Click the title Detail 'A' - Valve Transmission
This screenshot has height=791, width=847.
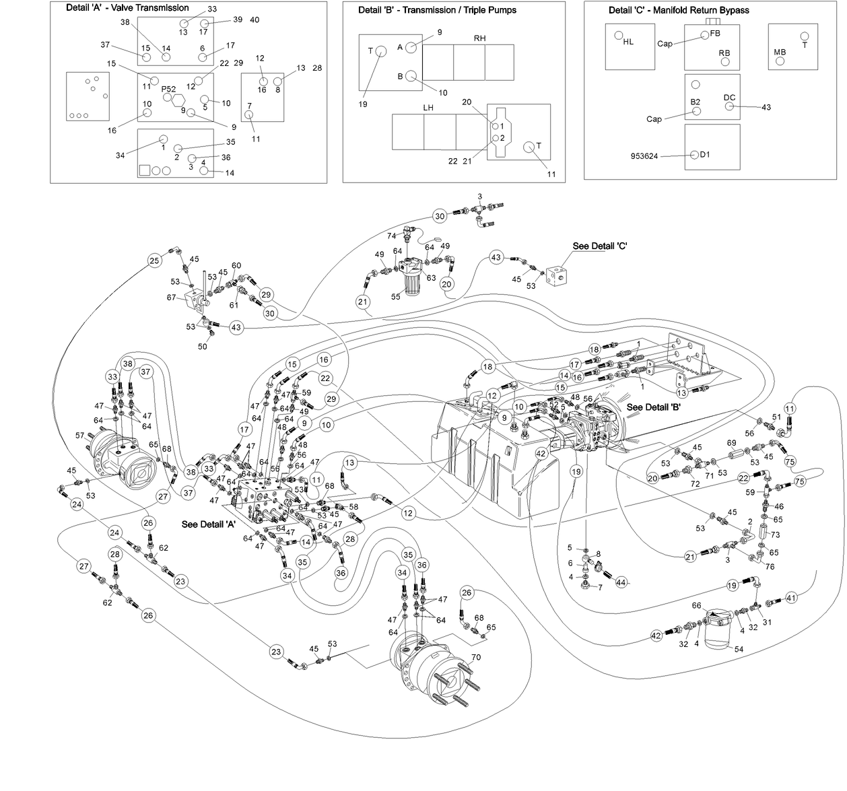(127, 8)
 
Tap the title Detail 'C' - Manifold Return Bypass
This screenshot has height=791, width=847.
(679, 10)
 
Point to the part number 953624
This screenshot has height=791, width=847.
(644, 156)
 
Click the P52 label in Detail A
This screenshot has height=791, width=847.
(168, 89)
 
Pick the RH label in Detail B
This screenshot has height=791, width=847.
(479, 38)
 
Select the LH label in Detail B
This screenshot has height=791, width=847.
(428, 108)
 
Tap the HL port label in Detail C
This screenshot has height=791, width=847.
(628, 42)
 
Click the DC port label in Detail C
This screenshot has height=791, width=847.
(729, 98)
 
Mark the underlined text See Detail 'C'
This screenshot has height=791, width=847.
(600, 246)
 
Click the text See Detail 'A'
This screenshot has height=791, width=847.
(208, 524)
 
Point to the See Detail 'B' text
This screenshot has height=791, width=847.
(654, 407)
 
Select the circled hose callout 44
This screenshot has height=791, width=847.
(621, 582)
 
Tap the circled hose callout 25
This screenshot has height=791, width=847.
(154, 261)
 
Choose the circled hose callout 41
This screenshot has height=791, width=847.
(791, 597)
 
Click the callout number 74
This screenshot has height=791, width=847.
(391, 236)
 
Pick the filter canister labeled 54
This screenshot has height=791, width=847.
(718, 629)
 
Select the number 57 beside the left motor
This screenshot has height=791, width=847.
(80, 436)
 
